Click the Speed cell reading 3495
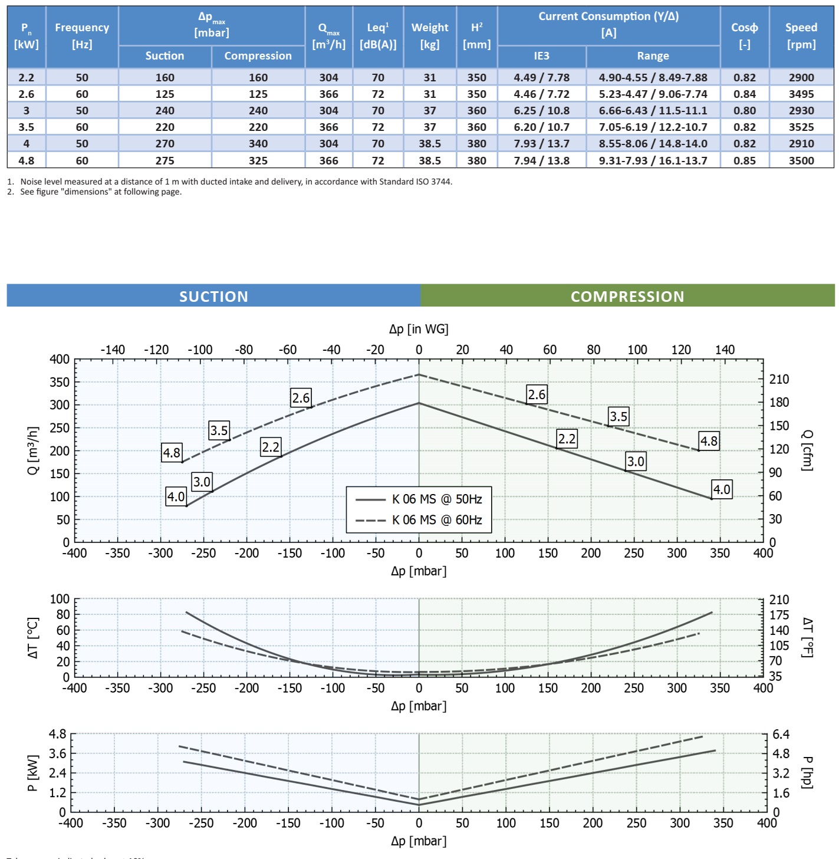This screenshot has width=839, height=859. pyautogui.click(x=801, y=94)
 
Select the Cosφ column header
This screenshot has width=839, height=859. pyautogui.click(x=744, y=35)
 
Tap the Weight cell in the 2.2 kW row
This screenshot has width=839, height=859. pyautogui.click(x=429, y=77)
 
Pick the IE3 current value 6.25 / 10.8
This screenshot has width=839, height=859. pyautogui.click(x=541, y=110)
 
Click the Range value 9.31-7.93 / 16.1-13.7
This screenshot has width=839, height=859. pyautogui.click(x=653, y=160)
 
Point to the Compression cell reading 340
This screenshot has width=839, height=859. pyautogui.click(x=258, y=143)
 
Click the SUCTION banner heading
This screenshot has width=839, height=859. pyautogui.click(x=213, y=296)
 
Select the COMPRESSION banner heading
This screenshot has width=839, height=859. pyautogui.click(x=627, y=296)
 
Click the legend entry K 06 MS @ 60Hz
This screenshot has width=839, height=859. pyautogui.click(x=437, y=520)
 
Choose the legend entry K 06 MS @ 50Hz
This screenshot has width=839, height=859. pyautogui.click(x=437, y=499)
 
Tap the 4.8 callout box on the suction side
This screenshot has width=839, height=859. pyautogui.click(x=172, y=453)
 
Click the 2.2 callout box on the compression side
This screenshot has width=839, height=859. pyautogui.click(x=567, y=439)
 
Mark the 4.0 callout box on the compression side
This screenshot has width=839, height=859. pyautogui.click(x=722, y=489)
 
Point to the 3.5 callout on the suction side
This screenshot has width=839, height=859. pyautogui.click(x=219, y=430)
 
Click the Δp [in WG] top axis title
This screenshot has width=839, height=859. pyautogui.click(x=419, y=329)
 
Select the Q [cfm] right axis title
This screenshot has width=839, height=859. pyautogui.click(x=807, y=450)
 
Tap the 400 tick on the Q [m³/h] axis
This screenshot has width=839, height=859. pyautogui.click(x=60, y=359)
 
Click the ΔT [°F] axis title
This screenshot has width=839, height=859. pyautogui.click(x=808, y=637)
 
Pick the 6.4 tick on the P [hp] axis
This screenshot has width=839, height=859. pyautogui.click(x=781, y=735)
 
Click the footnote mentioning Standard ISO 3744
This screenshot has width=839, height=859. pyautogui.click(x=230, y=182)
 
